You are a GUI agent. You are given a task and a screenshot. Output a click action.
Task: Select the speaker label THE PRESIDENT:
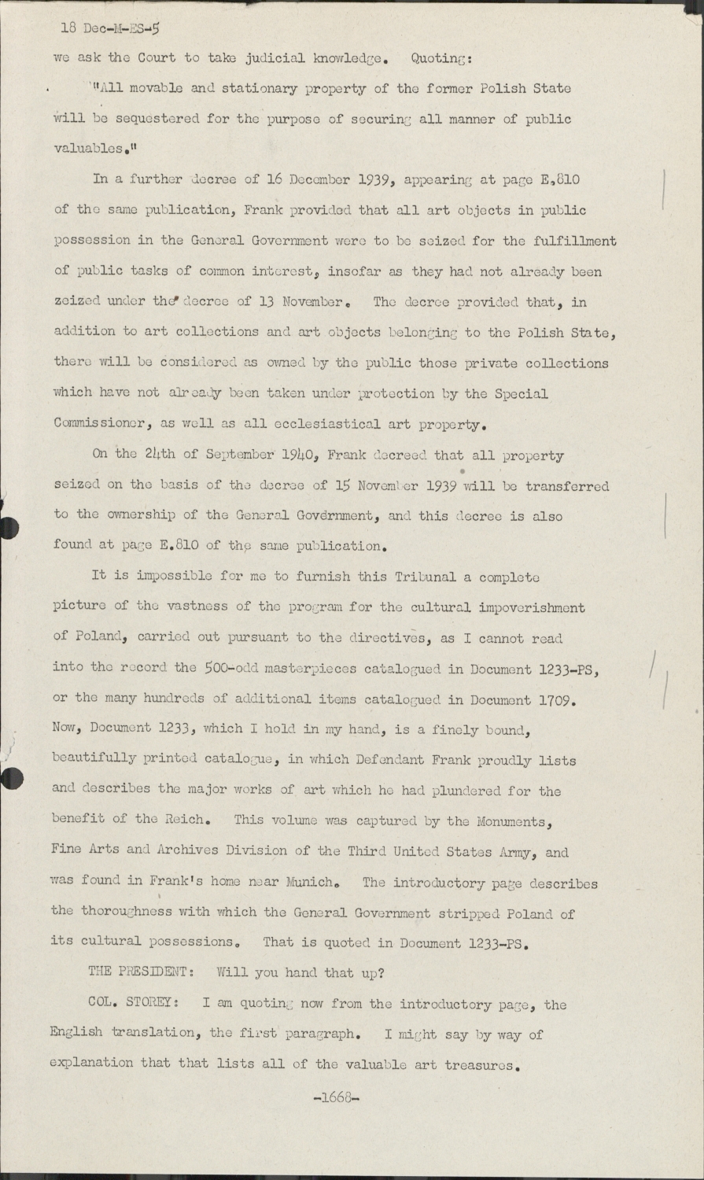point(141,972)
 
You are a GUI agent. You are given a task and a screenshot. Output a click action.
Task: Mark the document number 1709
point(556,699)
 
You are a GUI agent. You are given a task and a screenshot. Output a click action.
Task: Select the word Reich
point(187,819)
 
